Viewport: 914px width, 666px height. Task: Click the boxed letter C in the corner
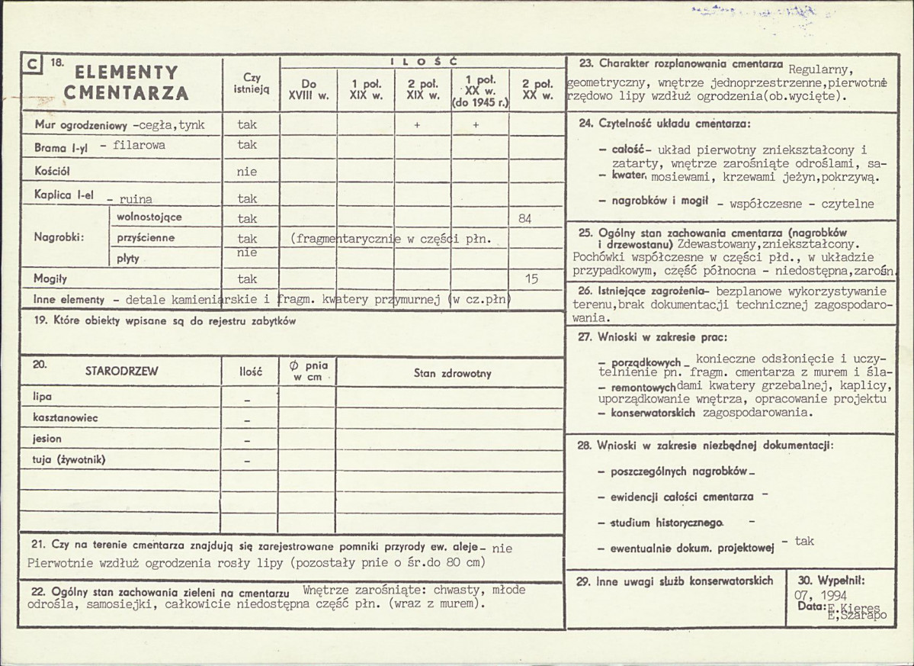pos(31,66)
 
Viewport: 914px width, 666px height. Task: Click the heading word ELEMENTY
pos(126,73)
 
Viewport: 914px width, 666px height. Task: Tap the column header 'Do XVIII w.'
pos(308,90)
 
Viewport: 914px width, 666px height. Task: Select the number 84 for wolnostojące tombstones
pos(524,219)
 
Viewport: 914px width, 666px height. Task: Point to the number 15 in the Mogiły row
pos(531,279)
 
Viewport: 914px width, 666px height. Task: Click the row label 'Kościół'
pos(53,169)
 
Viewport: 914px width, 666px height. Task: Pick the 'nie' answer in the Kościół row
pos(247,172)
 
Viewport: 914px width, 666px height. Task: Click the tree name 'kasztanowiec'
pos(66,418)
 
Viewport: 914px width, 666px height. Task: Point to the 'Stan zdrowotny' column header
pos(453,373)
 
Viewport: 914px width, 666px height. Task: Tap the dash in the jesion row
pos(247,442)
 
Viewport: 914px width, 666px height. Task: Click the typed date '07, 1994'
pos(819,595)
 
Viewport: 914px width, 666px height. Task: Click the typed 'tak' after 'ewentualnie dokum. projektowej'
pos(803,541)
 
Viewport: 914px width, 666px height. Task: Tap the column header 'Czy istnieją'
pos(252,83)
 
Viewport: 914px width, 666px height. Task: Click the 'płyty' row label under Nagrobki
pos(128,259)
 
